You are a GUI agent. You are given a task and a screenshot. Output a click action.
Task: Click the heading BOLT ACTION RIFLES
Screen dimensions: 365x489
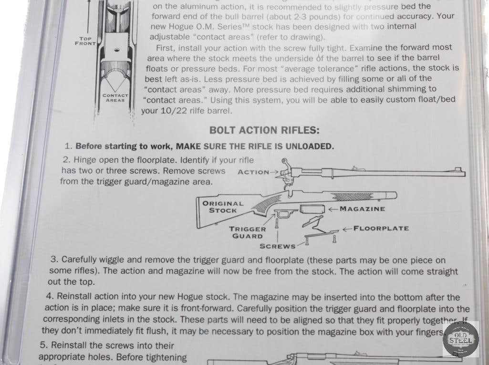(264, 130)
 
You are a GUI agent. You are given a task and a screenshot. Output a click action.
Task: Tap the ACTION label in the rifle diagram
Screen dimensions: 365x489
(253, 172)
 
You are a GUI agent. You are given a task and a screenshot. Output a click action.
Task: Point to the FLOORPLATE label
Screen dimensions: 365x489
(381, 229)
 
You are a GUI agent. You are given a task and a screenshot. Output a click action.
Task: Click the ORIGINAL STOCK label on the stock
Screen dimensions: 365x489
(223, 207)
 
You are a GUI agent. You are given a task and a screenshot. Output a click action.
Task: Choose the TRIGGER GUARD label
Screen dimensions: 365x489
(247, 232)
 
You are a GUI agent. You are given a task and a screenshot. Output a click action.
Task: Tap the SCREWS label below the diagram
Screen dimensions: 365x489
(277, 247)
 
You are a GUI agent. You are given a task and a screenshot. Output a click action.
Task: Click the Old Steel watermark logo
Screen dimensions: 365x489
(460, 339)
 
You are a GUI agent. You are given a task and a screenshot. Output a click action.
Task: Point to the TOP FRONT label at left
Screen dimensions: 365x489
(85, 41)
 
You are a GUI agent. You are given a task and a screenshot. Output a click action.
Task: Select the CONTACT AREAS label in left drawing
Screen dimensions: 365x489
(115, 98)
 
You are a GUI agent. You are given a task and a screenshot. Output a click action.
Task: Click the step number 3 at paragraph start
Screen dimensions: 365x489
(54, 260)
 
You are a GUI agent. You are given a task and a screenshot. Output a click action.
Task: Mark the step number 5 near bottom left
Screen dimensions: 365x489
(43, 345)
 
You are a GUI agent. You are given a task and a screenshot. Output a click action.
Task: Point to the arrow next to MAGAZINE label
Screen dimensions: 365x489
(333, 209)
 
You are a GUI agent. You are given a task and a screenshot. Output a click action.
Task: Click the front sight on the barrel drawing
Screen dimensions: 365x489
(458, 168)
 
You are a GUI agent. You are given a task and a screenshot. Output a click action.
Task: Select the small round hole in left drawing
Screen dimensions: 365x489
(115, 50)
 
